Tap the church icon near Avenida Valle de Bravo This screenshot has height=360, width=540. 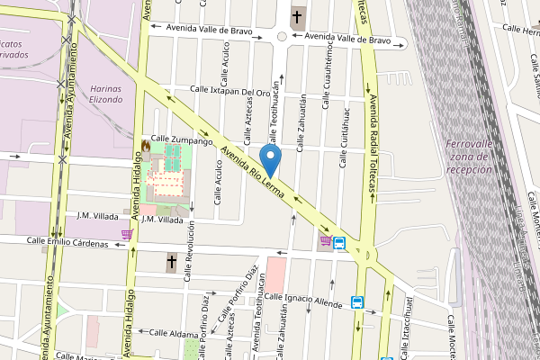[298, 16]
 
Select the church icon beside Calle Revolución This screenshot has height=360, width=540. [172, 263]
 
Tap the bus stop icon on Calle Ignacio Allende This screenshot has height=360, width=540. [357, 302]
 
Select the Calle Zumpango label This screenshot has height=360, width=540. [181, 140]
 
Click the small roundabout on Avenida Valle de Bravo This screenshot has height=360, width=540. [282, 37]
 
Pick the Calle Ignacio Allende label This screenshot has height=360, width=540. [302, 300]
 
